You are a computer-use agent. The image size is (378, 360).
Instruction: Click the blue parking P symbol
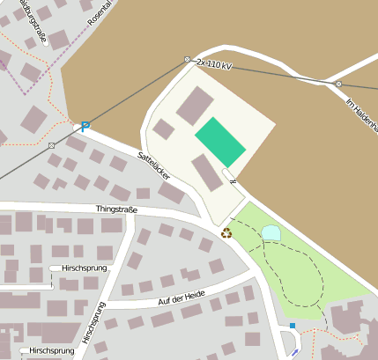(85, 128)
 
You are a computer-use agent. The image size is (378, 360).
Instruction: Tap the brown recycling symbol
(226, 233)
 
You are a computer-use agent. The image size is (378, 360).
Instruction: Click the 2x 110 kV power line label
(214, 65)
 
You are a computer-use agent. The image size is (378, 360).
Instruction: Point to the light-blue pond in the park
(271, 232)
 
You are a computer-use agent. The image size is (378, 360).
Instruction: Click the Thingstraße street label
(116, 209)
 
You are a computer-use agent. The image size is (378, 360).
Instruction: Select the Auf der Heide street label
(182, 302)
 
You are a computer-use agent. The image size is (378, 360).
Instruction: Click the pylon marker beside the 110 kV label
(188, 59)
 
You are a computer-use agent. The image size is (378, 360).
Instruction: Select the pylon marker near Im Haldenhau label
(338, 84)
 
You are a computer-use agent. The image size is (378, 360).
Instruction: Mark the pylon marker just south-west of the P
(52, 144)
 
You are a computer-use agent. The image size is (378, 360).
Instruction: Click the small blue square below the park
(293, 326)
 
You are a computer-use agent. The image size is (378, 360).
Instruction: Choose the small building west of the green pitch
(163, 129)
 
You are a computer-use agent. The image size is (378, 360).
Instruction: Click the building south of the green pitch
(207, 171)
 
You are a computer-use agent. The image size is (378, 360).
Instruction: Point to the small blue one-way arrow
(294, 352)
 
